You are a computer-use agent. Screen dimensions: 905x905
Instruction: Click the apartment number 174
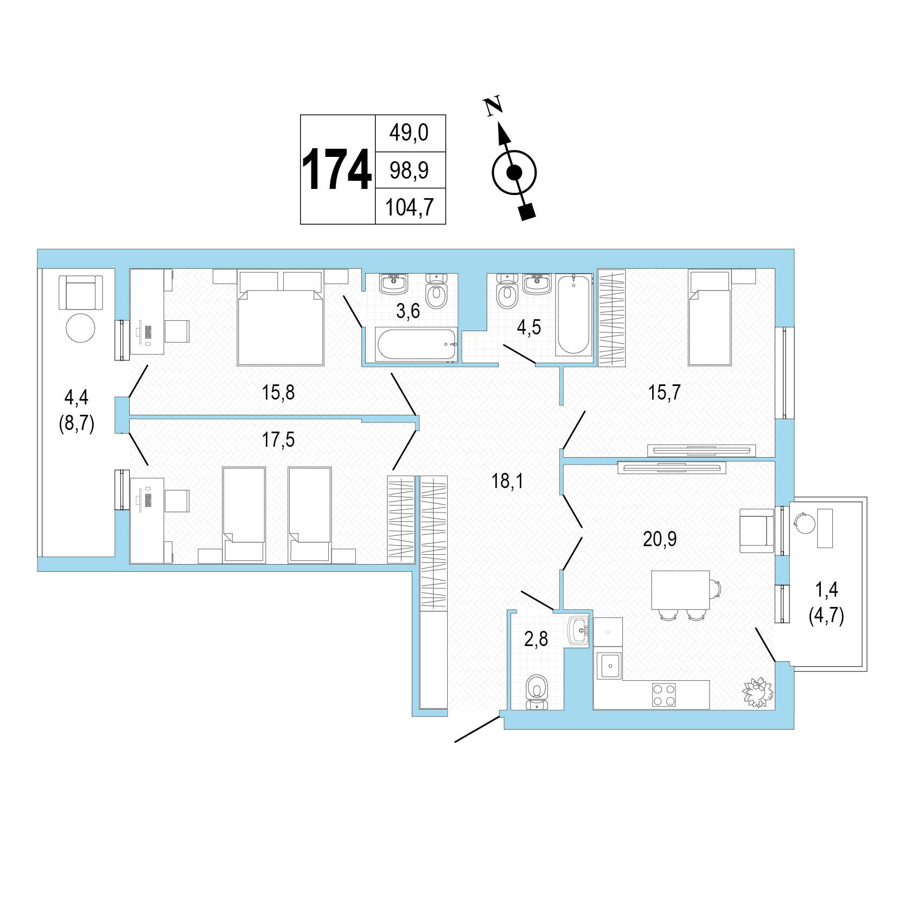[336, 169]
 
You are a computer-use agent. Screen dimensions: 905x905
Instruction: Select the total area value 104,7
[410, 207]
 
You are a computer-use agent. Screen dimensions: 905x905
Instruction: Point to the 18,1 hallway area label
[507, 481]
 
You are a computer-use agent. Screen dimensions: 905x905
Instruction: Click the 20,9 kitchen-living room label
[660, 539]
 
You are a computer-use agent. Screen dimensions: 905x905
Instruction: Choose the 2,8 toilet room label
[536, 639]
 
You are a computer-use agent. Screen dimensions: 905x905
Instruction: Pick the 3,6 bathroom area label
[408, 311]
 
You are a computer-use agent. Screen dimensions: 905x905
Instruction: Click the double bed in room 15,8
[281, 318]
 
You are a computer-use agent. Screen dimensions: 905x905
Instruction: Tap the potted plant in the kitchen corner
[758, 692]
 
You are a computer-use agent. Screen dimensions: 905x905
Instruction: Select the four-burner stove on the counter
[664, 694]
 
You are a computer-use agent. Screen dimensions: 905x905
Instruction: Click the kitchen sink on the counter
[609, 666]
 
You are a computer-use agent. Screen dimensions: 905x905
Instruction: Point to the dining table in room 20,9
[680, 590]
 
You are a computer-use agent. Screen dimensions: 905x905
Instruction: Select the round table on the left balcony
[80, 328]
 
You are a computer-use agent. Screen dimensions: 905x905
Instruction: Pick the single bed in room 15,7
[710, 318]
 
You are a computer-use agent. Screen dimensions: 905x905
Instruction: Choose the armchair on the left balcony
[81, 292]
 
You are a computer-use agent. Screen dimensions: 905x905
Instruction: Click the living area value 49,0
[409, 132]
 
